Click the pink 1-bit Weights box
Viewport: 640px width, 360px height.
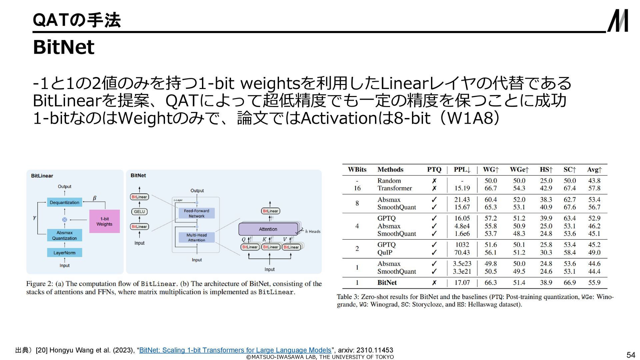coord(104,221)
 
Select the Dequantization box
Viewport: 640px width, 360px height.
coord(64,202)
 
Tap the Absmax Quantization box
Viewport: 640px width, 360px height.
coord(64,235)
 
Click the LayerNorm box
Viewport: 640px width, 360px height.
coord(64,253)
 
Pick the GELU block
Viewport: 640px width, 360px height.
coord(139,212)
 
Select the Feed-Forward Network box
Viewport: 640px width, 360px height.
coord(197,213)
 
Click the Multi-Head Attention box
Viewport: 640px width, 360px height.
coord(197,237)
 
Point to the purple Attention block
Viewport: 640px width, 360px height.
coord(268,229)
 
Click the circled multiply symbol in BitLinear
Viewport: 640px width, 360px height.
coord(65,220)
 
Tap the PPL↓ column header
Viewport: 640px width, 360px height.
coord(462,170)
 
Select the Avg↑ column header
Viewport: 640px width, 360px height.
coord(594,170)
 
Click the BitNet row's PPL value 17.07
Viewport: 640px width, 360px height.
coord(462,283)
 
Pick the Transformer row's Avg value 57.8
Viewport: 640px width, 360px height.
coord(594,188)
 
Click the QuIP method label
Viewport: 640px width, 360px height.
coord(385,253)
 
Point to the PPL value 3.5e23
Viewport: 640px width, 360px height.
coord(462,264)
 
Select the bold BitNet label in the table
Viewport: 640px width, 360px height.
coord(387,283)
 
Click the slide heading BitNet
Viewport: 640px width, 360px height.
coord(64,47)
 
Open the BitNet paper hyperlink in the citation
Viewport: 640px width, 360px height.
coord(235,350)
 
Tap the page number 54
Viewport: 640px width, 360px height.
coord(631,355)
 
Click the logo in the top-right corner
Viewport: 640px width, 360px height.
coord(618,20)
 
